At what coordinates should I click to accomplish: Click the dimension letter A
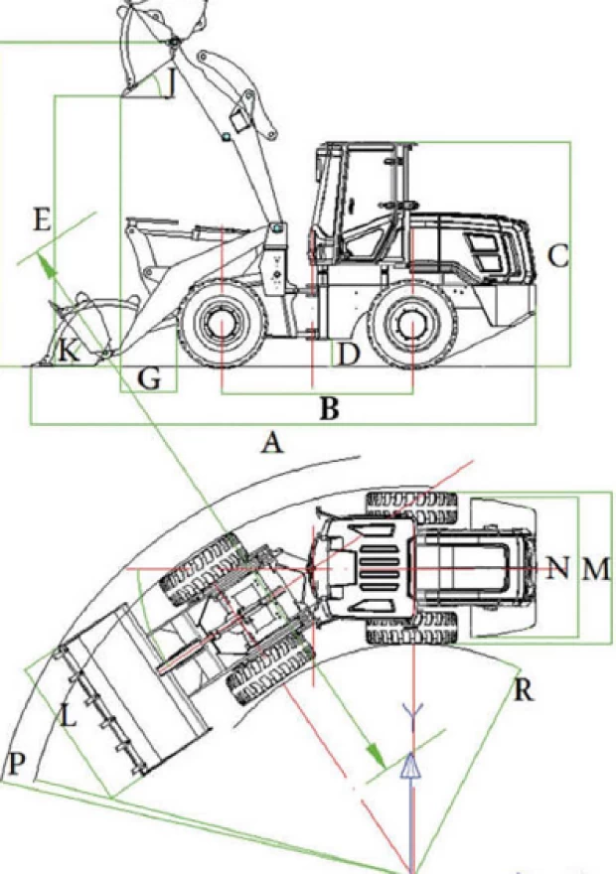pos(272,443)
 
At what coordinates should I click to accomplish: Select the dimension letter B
pos(329,407)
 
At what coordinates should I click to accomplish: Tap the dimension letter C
pos(557,257)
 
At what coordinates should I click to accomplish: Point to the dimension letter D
pos(346,353)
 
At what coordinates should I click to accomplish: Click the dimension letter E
pos(41,220)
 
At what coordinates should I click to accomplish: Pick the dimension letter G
pos(149,377)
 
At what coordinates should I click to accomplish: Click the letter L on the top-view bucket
pos(67,715)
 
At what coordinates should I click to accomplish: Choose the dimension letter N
pos(558,568)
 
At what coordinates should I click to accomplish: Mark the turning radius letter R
pos(524,689)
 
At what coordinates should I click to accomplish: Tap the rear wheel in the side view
pos(410,324)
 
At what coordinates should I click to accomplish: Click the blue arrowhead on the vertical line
pos(409,764)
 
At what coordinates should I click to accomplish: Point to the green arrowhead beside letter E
pos(44,260)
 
